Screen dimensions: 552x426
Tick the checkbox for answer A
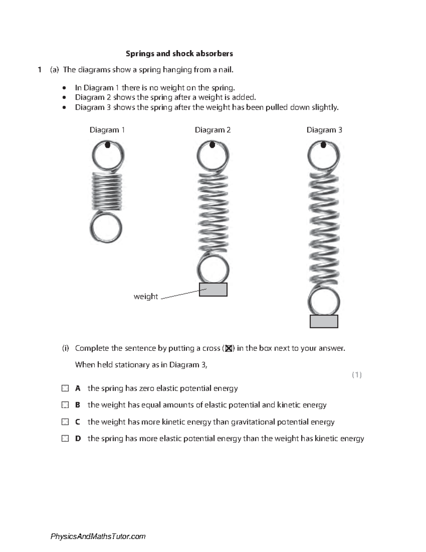(65, 388)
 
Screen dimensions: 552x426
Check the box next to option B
(65, 405)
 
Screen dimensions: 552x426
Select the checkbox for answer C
(65, 422)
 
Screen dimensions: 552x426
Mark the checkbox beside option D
(65, 439)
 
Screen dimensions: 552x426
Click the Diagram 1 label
(107, 130)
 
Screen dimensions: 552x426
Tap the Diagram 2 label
(213, 130)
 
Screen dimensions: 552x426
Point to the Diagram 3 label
(324, 130)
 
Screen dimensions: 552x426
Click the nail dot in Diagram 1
(108, 145)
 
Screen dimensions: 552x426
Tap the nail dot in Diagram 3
(323, 145)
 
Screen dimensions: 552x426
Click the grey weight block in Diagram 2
(213, 290)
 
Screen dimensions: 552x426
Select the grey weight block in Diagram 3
(324, 321)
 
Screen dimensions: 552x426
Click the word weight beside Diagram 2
(146, 296)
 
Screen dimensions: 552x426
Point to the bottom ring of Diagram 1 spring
(106, 228)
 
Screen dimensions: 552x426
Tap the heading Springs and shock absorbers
(179, 54)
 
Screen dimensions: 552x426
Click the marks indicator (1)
(357, 375)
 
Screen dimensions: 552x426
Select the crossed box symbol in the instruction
(229, 349)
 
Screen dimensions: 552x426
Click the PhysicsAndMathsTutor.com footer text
(98, 536)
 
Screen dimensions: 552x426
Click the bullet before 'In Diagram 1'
(64, 88)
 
